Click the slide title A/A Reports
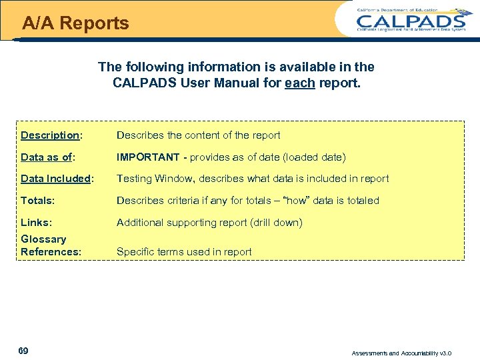(x=75, y=23)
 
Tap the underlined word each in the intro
(x=299, y=85)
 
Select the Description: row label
(x=51, y=135)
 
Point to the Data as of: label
(x=47, y=157)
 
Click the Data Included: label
(x=57, y=179)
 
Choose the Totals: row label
(x=37, y=200)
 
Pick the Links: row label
(x=36, y=222)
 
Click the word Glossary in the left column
(x=43, y=239)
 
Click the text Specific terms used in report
(x=184, y=252)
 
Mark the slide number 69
(x=24, y=351)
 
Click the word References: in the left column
(x=51, y=252)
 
